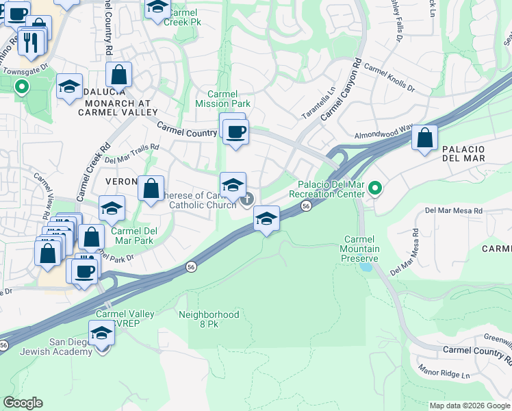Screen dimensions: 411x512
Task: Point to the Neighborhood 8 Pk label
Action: click(x=209, y=319)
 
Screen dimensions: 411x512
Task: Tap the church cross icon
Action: click(x=246, y=199)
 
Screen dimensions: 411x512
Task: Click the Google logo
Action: click(x=23, y=403)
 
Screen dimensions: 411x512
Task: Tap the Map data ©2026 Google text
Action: click(x=469, y=406)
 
